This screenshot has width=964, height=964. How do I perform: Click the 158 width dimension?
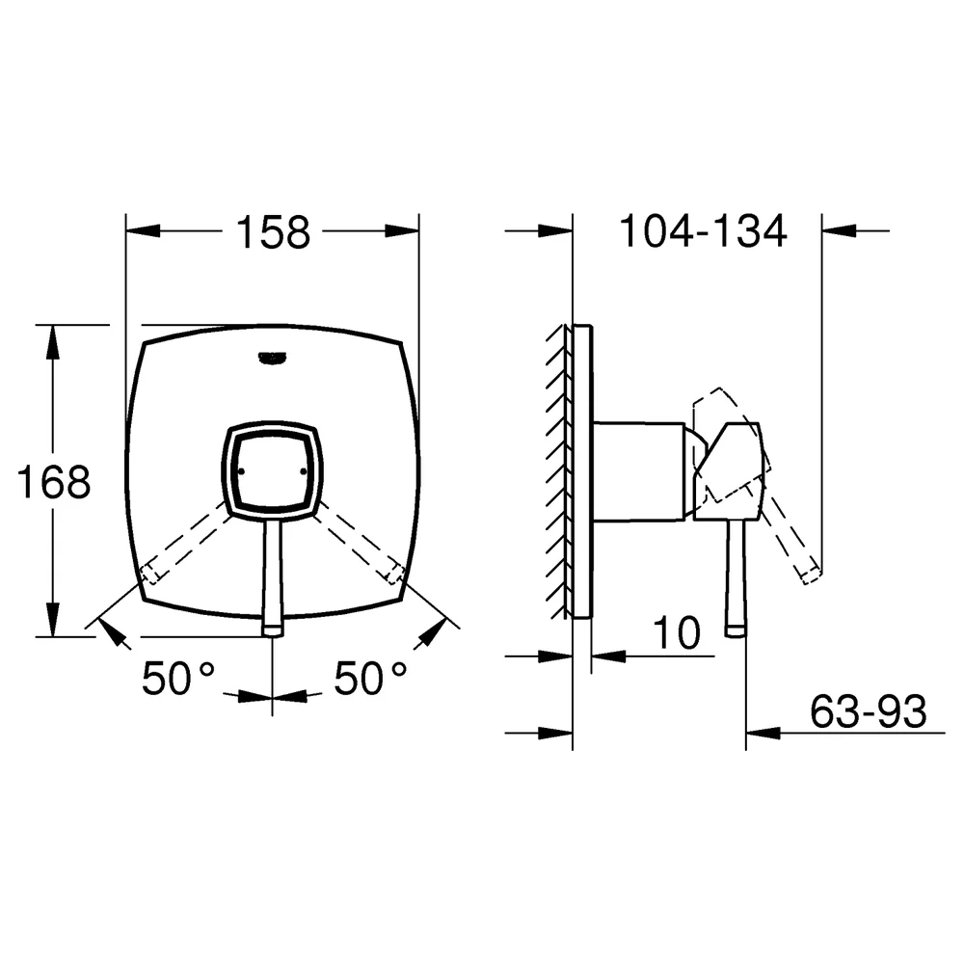click(273, 232)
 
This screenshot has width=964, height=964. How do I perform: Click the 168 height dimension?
click(53, 481)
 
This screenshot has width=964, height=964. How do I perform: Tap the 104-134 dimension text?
click(703, 231)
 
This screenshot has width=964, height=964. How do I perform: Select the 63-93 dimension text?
click(868, 711)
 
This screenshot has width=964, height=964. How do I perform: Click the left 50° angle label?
click(178, 679)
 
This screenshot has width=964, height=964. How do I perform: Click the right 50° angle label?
click(371, 679)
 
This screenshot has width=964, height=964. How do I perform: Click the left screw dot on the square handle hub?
click(240, 471)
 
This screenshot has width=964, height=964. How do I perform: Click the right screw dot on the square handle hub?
click(303, 471)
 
